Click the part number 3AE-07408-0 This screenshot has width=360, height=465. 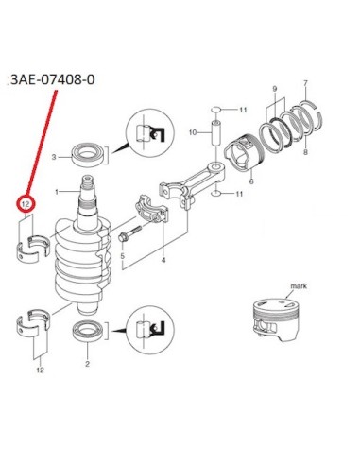click(x=53, y=79)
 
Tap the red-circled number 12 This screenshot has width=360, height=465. click(x=26, y=204)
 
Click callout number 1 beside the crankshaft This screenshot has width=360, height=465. click(x=57, y=192)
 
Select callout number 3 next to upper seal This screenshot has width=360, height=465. click(x=54, y=157)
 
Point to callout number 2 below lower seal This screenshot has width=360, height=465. click(x=87, y=364)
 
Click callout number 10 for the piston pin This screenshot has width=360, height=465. click(x=193, y=132)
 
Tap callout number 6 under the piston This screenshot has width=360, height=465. click(x=251, y=181)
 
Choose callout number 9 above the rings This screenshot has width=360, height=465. click(x=275, y=89)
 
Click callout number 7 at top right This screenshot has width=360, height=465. click(x=305, y=84)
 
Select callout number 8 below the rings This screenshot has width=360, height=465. click(x=305, y=152)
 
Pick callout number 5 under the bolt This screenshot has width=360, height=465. click(x=122, y=255)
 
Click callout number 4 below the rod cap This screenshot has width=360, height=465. click(x=163, y=260)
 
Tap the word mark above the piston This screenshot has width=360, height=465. click(x=299, y=286)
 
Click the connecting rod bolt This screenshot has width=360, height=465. click(x=130, y=234)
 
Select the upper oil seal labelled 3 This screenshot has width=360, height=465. click(x=88, y=155)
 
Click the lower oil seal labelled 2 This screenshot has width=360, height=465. click(x=88, y=331)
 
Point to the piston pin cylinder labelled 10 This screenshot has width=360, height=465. click(x=216, y=132)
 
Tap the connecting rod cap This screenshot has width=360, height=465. click(x=152, y=209)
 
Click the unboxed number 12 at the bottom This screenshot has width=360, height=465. click(x=40, y=370)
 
